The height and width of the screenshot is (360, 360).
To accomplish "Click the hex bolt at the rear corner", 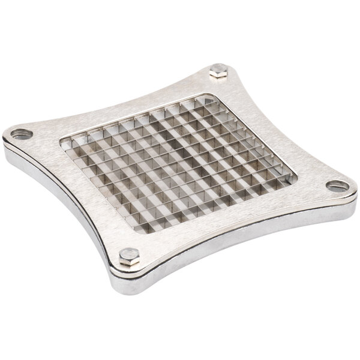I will (218, 74).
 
